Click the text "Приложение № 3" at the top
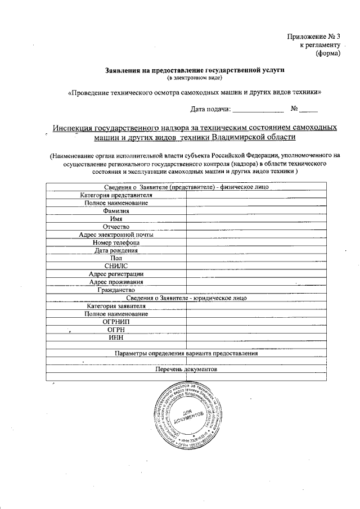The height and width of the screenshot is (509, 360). (x=314, y=37)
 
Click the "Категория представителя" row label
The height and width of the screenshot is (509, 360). (x=116, y=195)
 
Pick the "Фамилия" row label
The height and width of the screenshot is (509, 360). (x=116, y=211)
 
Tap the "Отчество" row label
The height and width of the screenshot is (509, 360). (x=116, y=226)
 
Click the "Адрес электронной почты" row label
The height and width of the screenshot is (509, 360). (x=116, y=235)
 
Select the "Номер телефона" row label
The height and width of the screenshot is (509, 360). (x=116, y=242)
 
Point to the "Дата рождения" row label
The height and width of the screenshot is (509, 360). (x=116, y=250)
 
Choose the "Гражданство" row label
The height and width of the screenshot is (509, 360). (x=116, y=290)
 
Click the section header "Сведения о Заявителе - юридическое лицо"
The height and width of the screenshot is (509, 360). (x=186, y=298)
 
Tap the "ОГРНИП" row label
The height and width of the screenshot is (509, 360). (x=116, y=321)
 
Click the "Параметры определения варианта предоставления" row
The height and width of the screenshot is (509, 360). (x=186, y=354)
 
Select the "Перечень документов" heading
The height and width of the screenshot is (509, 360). (x=186, y=370)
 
